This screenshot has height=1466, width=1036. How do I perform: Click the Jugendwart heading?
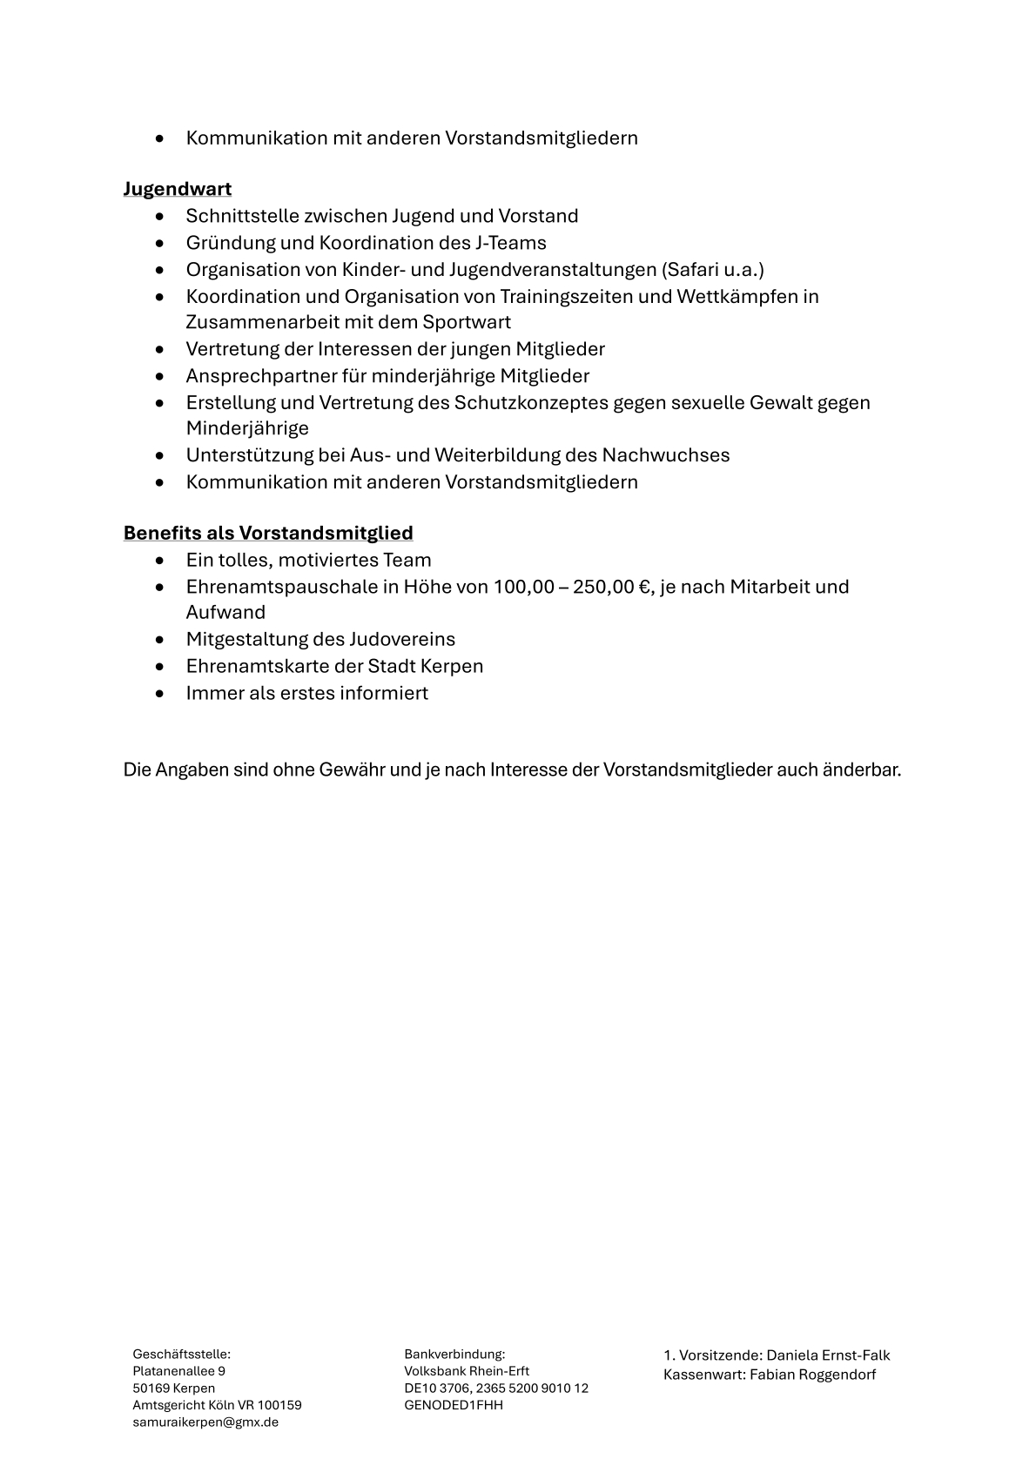point(177,189)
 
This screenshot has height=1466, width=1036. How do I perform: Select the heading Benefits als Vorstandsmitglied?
point(268,533)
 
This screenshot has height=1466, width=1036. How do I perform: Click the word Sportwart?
point(467,322)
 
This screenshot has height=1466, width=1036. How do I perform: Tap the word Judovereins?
point(402,640)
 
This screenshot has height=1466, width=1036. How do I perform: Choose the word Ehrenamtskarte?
point(258,667)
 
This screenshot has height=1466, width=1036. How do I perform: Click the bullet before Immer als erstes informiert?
point(159,694)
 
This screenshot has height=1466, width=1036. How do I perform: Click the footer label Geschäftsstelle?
point(181,1355)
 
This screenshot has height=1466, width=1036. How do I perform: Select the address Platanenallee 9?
point(178,1371)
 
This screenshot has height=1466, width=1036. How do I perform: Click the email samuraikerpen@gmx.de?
point(205,1422)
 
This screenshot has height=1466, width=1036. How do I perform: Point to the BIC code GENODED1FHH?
point(454,1405)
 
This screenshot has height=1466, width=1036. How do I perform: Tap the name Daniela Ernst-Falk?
point(828,1355)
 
